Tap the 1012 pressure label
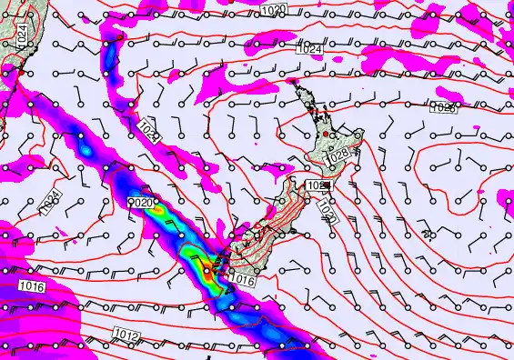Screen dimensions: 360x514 [x=126, y=337]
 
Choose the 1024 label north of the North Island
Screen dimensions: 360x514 [x=310, y=48]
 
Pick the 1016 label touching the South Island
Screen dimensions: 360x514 [x=243, y=280]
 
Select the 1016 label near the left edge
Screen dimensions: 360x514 [x=30, y=286]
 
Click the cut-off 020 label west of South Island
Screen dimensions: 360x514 [x=143, y=203]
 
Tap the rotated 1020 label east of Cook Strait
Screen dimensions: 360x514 [x=326, y=208]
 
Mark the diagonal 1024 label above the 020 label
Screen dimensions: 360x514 [x=150, y=133]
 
